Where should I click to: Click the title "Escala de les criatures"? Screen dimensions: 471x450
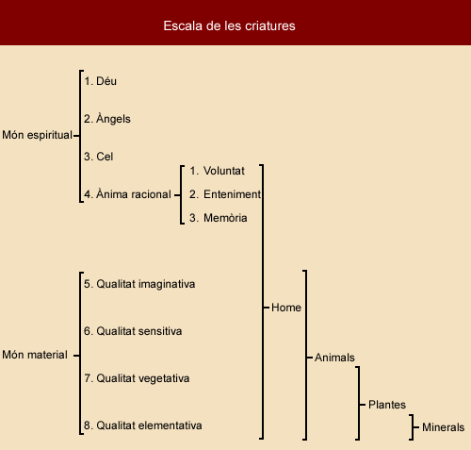[229, 25]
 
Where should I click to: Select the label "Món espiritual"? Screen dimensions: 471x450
[37, 135]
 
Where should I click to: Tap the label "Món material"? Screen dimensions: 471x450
[35, 355]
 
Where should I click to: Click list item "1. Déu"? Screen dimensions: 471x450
[100, 81]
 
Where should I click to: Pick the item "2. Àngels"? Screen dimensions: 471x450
[107, 119]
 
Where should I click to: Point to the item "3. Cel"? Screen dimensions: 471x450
[98, 157]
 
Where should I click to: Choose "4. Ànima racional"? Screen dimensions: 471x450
[127, 194]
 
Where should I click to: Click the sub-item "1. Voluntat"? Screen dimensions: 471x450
[217, 171]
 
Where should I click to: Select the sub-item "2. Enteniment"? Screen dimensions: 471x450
[225, 194]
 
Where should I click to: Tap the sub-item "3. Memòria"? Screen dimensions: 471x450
[219, 218]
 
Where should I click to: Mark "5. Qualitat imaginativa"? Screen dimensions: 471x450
[139, 284]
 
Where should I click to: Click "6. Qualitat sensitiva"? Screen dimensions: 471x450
[133, 331]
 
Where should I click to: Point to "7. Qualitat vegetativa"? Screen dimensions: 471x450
[137, 378]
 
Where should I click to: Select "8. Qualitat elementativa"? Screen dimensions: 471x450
[143, 425]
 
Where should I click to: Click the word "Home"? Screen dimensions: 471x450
[286, 308]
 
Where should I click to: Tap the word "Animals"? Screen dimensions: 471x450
[334, 358]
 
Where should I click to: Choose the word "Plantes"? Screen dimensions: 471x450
[387, 405]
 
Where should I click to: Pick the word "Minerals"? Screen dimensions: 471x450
[443, 427]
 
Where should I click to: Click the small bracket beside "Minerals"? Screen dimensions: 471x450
[413, 427]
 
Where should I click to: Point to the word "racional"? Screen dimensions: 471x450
[151, 194]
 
